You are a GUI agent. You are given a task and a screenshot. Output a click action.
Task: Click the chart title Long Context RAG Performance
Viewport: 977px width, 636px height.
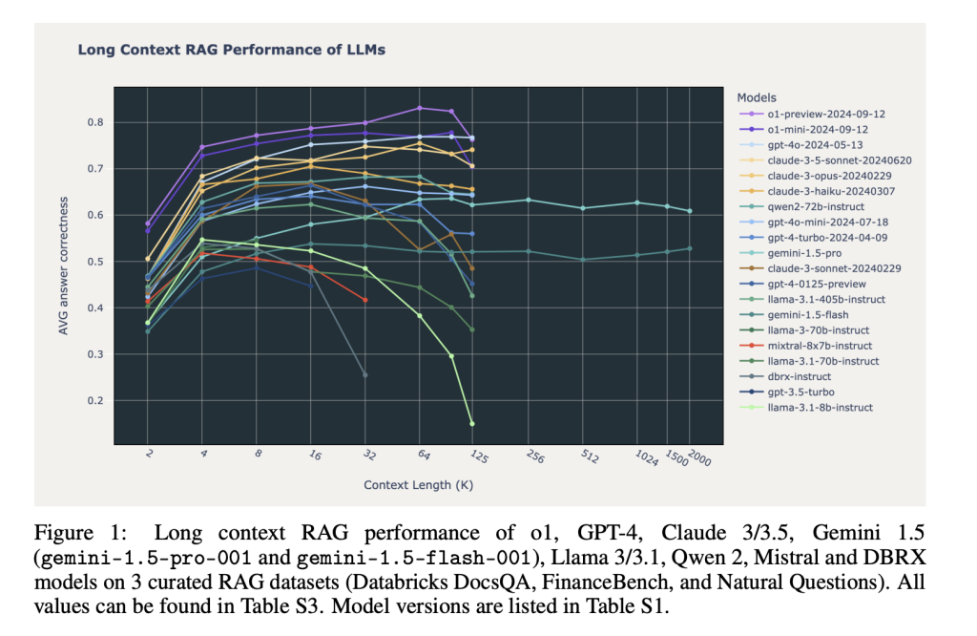point(231,50)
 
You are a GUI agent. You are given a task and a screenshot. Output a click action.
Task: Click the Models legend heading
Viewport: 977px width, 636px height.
point(757,97)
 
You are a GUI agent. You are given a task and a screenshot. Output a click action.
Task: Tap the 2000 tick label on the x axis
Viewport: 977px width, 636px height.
point(699,457)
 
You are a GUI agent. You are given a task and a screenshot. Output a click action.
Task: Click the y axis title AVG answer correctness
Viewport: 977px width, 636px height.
point(64,265)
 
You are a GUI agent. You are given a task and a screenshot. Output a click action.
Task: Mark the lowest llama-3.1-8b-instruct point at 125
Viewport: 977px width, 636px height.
point(471,423)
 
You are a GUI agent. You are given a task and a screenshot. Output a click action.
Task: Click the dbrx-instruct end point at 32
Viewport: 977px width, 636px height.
point(364,374)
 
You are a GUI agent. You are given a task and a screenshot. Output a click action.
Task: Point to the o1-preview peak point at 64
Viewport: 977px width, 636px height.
point(419,108)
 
